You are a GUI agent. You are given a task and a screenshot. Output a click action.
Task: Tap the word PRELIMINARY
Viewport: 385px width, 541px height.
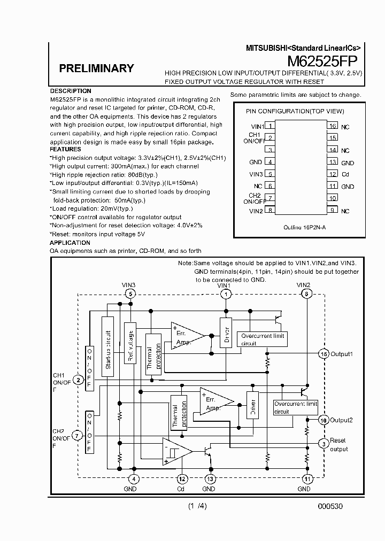point(96,68)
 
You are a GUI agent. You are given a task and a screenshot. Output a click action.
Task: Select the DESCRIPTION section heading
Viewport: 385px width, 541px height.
point(71,91)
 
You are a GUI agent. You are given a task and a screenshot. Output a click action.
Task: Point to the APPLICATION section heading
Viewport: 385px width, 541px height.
point(70,243)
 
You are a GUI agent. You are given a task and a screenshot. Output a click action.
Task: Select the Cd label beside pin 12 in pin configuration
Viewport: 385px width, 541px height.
point(345,175)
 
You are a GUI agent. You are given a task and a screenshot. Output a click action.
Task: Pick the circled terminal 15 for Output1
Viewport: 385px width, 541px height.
point(323,354)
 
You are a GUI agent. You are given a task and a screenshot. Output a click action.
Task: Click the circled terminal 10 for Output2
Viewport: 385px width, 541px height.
point(323,420)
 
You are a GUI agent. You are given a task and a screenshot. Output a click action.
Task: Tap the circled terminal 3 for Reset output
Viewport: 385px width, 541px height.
point(323,443)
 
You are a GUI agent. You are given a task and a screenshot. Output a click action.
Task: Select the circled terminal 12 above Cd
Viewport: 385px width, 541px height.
point(182,479)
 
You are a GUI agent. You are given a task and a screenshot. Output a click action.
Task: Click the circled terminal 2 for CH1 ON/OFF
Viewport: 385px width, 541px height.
point(78,380)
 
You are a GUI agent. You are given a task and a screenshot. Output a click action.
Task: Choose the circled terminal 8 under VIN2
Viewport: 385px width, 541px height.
point(306,294)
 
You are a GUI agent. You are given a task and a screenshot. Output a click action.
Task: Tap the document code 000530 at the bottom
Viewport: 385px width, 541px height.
point(330,506)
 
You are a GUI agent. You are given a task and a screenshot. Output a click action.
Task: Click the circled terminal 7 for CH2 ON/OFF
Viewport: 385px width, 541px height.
point(78,436)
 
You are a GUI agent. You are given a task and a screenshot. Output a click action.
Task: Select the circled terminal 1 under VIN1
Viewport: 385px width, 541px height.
point(226,294)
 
